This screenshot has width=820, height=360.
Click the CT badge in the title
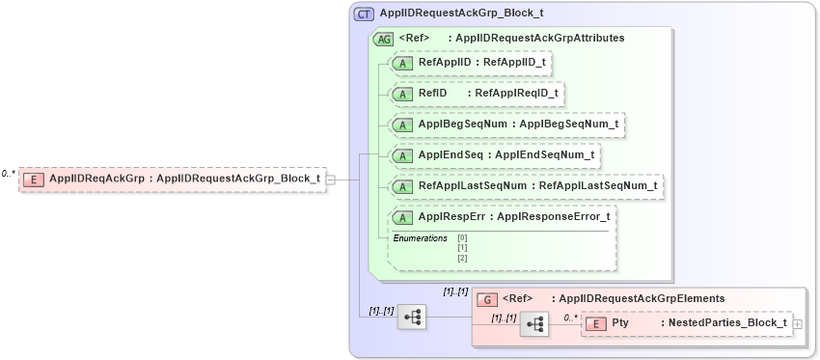click(365, 14)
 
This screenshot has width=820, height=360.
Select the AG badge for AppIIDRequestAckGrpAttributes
click(384, 39)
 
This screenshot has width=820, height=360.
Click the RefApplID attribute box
click(471, 63)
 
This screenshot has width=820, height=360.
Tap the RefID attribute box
click(476, 94)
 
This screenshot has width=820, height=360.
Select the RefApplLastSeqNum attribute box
click(527, 185)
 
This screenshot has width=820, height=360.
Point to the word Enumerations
click(420, 237)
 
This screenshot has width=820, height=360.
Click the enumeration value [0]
click(462, 237)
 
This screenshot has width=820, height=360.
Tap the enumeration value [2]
click(462, 258)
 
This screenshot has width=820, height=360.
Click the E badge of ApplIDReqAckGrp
click(34, 179)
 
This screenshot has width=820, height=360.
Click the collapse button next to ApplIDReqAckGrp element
click(331, 179)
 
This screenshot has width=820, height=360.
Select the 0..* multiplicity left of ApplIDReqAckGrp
click(8, 174)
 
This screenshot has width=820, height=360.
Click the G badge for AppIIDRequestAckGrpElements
click(488, 299)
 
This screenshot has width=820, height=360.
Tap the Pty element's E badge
click(595, 323)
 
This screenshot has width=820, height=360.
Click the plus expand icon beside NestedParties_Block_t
click(798, 323)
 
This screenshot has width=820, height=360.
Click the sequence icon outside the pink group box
click(412, 316)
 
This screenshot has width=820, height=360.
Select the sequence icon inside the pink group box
click(533, 324)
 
